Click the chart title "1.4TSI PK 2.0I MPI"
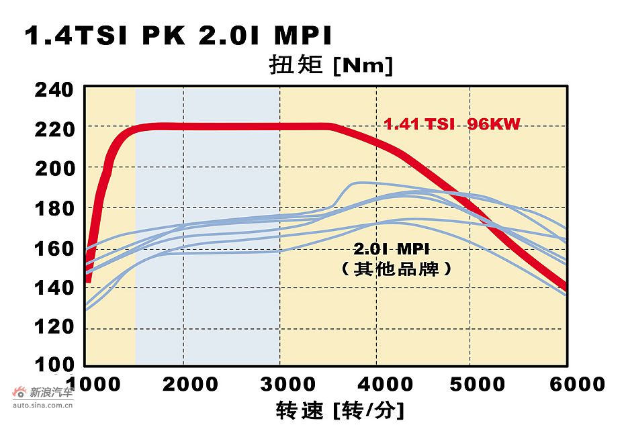[x=178, y=36]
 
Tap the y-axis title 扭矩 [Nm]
[x=330, y=66]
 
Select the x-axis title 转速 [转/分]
[x=340, y=408]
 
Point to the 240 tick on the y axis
[x=54, y=88]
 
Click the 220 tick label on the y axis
[x=54, y=128]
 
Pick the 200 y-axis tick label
[x=54, y=168]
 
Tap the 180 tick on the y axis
[x=54, y=208]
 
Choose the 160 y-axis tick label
[x=54, y=248]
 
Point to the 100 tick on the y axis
[x=54, y=365]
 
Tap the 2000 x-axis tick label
[x=194, y=384]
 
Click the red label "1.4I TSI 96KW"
[x=452, y=124]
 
